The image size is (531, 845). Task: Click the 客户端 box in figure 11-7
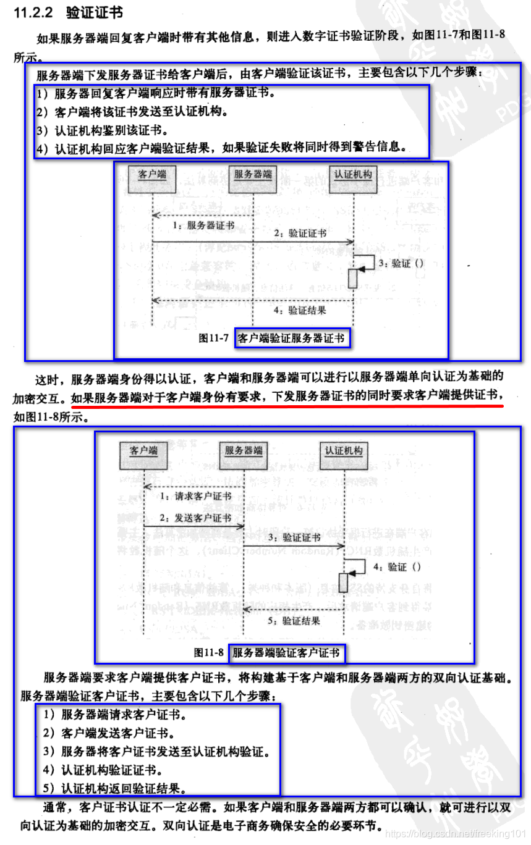pos(153,175)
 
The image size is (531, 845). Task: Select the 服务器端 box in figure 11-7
pos(253,175)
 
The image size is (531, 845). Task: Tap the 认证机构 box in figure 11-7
pos(353,175)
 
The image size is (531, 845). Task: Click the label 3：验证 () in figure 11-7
pos(401,263)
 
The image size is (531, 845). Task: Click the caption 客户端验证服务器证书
pos(291,338)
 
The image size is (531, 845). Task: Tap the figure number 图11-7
pos(214,338)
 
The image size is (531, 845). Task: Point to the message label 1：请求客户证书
pos(195,496)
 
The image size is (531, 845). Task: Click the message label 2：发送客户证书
pos(195,518)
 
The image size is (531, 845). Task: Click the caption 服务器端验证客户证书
pos(286,653)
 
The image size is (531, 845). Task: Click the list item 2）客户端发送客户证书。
pos(109,734)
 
